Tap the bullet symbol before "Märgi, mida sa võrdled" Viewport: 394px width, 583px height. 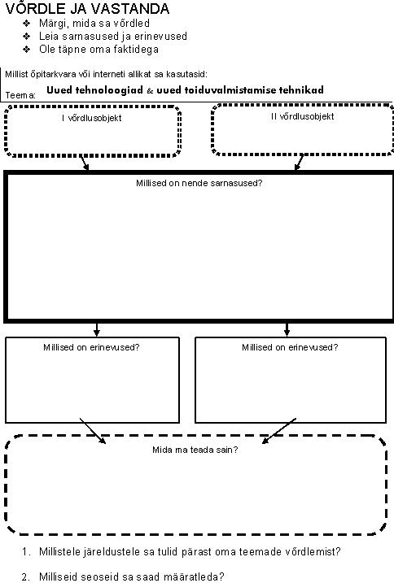26,24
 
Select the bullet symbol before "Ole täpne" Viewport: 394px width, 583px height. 26,50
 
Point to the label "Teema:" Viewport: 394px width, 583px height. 20,95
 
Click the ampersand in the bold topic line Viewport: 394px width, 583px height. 150,90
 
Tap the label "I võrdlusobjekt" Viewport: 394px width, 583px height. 92,118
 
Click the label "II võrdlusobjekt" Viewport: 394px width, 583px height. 302,116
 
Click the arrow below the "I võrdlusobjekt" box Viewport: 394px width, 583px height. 85,163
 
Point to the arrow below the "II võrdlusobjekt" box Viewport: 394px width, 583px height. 299,163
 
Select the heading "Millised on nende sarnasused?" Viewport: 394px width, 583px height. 199,183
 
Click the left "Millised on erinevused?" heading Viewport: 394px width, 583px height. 91,347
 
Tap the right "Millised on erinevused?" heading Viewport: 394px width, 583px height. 290,347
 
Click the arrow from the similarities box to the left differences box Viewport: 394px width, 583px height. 97,329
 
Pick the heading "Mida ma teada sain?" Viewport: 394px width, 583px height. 195,450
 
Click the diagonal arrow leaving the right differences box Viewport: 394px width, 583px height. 279,431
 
